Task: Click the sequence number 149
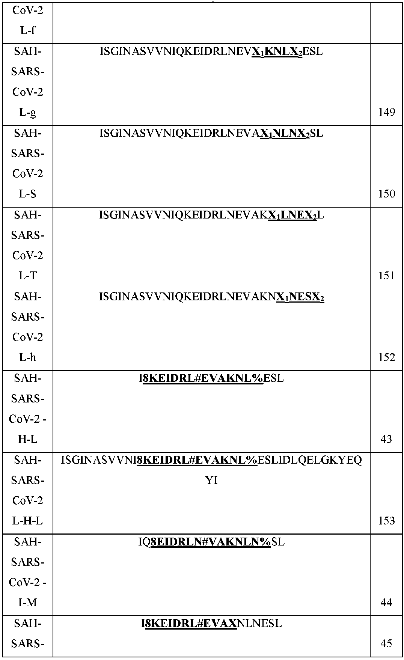coord(386,112)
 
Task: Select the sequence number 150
coord(386,194)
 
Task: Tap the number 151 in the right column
coord(386,276)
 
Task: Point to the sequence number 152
coord(386,357)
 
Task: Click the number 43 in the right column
coord(386,439)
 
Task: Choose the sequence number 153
coord(386,521)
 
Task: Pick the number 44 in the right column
coord(386,603)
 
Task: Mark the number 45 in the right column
coord(386,643)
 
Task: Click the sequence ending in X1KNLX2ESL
coord(211,51)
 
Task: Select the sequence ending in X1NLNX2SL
coord(211,133)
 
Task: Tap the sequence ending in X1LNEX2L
coord(211,215)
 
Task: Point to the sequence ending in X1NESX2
coord(211,297)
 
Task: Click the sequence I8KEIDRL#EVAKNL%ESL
coord(211,378)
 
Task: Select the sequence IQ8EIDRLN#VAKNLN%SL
coord(211,542)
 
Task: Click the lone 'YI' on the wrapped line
coord(211,480)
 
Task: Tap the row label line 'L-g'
coord(28,112)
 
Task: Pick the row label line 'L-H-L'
coord(28,521)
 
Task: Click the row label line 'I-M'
coord(28,603)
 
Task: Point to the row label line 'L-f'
coord(28,30)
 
